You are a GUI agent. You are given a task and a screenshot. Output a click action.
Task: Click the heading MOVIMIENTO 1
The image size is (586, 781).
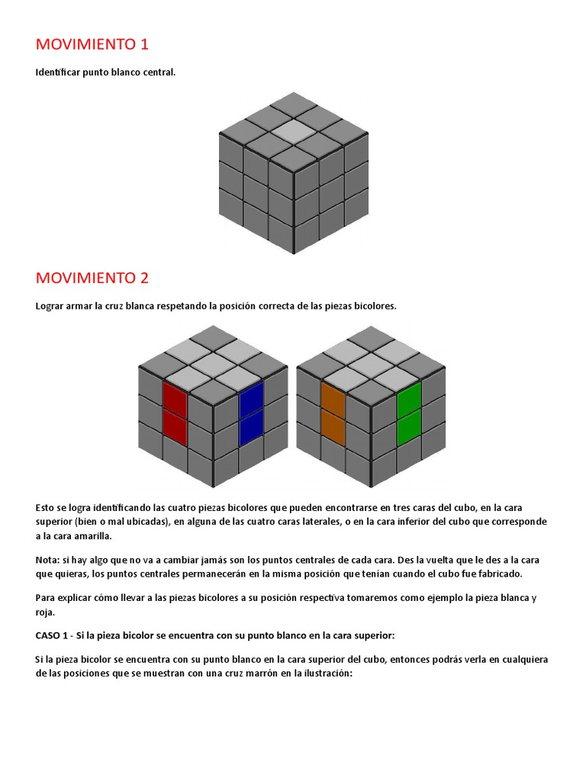92,44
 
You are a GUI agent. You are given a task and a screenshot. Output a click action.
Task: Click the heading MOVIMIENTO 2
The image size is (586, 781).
92,278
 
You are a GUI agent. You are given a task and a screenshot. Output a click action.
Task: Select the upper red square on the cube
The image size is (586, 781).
175,397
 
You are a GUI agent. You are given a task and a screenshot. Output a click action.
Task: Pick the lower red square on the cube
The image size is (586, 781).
175,427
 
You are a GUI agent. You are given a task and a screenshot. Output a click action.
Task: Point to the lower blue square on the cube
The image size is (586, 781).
251,429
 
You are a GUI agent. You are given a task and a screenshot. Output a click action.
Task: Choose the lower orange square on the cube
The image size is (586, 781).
333,427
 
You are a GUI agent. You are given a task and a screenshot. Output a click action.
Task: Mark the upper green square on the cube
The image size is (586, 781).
409,397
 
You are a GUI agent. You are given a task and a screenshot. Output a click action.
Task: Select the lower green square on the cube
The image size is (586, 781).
409,428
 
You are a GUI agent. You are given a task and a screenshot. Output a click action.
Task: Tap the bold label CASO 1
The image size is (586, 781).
53,635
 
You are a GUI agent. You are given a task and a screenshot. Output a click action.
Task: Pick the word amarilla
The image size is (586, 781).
89,536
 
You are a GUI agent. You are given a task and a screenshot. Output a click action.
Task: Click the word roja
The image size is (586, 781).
46,612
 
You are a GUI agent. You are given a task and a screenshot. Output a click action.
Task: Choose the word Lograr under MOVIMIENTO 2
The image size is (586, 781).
52,306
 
